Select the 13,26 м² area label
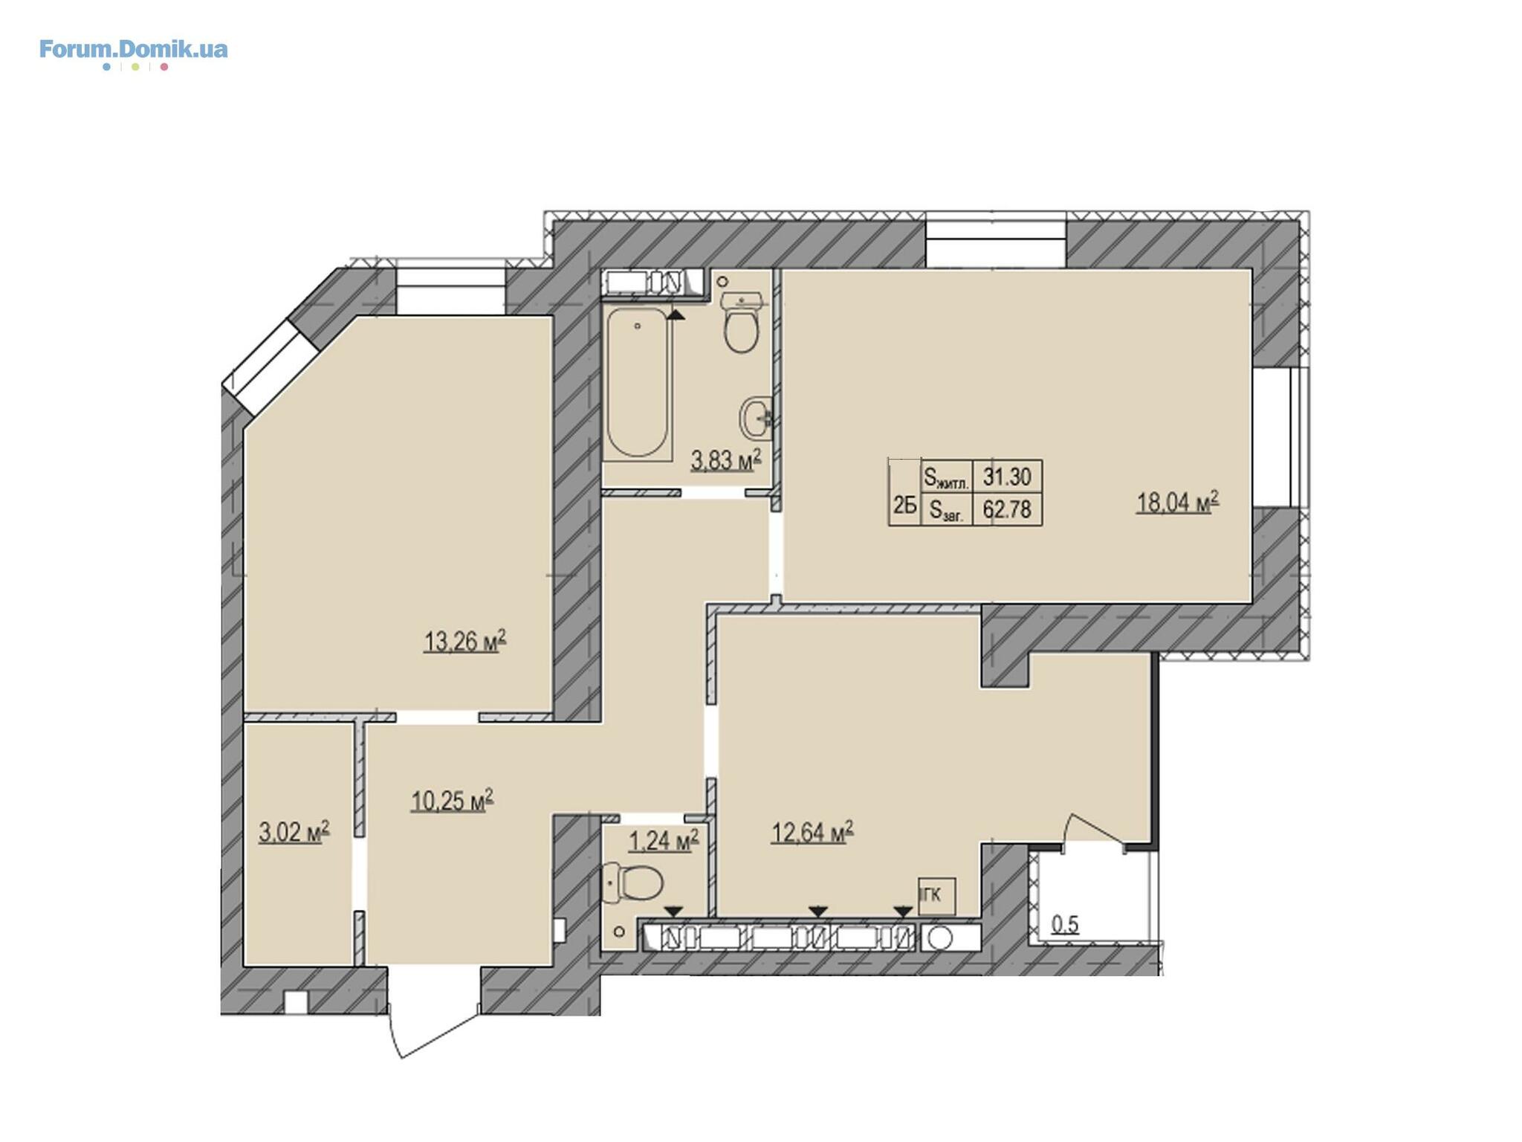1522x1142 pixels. (x=464, y=640)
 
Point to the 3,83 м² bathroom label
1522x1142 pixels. (x=726, y=459)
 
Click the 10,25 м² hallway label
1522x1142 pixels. (x=452, y=800)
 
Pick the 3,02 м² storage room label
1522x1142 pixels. (x=294, y=831)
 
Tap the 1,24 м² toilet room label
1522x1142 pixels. (x=664, y=840)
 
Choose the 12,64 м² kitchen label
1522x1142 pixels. (x=812, y=832)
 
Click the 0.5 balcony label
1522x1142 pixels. (x=1065, y=925)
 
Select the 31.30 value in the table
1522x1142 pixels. (x=1007, y=476)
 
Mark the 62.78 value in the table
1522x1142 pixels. (x=1007, y=509)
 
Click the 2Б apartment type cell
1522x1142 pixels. (x=904, y=506)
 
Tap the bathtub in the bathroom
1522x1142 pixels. (x=637, y=382)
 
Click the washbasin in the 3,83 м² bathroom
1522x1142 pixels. (x=756, y=419)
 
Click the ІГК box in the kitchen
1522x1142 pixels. (x=936, y=895)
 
